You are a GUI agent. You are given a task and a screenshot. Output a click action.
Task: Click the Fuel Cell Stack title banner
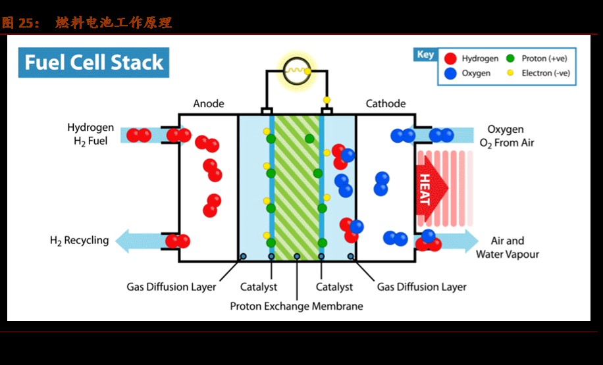coord(93,62)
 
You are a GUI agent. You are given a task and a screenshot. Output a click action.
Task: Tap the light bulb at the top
coord(295,69)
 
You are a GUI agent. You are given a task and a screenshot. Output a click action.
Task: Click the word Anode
coord(209,104)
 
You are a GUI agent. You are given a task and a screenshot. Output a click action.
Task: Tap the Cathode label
coord(386,104)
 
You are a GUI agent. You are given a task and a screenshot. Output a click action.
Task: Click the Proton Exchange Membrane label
coord(296,306)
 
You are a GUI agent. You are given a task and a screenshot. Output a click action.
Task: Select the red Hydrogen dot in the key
coord(450,59)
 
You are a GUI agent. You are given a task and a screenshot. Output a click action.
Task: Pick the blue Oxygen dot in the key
coord(450,74)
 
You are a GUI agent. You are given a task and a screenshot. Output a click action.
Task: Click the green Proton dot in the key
coord(510,59)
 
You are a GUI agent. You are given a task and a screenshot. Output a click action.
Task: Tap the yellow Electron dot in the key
coord(510,73)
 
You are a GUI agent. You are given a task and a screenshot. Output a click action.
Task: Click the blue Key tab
coord(425,55)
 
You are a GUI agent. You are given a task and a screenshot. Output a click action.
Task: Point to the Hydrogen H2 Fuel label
coord(90,134)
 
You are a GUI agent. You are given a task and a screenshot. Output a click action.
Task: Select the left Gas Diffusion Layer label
coord(171,287)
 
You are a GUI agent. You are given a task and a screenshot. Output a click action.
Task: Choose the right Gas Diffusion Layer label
coord(421,287)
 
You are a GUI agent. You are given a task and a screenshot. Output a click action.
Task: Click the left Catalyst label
coord(258,287)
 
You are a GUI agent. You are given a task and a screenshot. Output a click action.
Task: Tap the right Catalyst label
coord(334,287)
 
